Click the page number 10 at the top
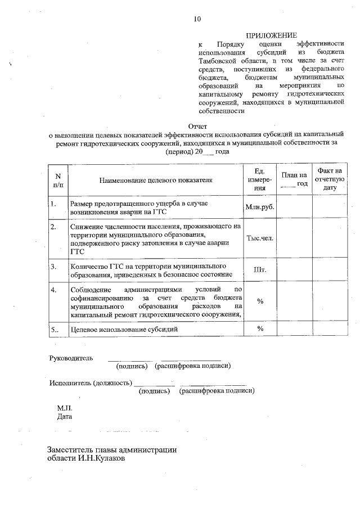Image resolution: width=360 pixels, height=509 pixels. tap(196, 19)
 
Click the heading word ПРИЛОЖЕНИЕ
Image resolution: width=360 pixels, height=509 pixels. tap(271, 35)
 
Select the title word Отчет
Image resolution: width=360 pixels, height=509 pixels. tap(196, 127)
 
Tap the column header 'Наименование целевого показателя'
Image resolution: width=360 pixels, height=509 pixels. tap(155, 180)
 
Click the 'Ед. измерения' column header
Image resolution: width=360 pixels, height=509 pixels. tap(259, 179)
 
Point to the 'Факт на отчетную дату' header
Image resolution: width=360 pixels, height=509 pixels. tap(330, 179)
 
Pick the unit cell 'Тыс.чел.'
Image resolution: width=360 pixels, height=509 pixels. tap(259, 238)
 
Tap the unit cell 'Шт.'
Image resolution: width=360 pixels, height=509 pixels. tap(259, 269)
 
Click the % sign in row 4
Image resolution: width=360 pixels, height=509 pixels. tap(260, 301)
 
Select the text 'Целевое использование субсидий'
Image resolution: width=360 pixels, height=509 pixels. tap(123, 328)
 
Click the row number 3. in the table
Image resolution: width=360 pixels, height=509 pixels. tap(53, 265)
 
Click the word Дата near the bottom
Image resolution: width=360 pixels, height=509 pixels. tap(65, 417)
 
